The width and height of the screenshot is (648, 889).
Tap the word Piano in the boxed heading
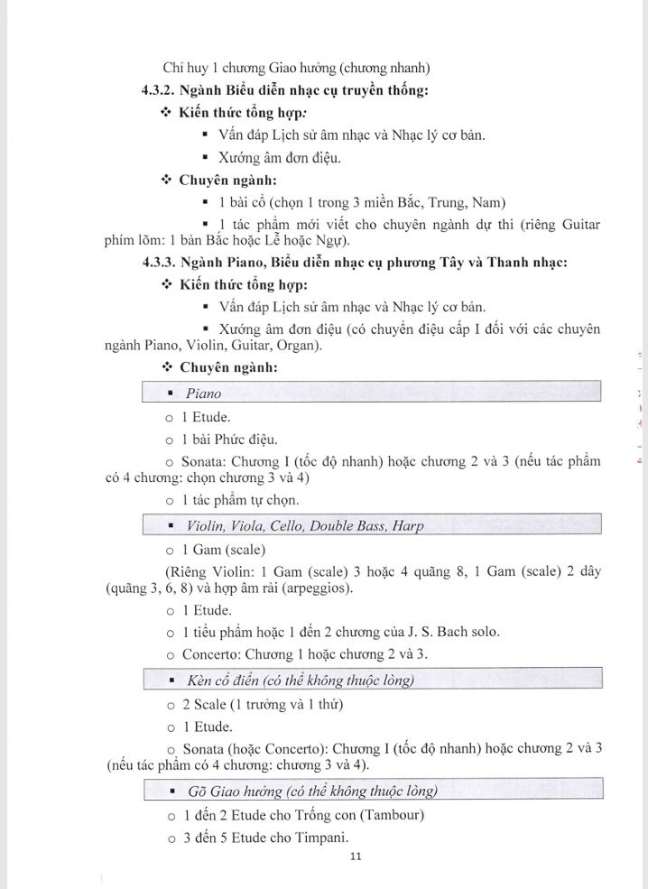pos(203,394)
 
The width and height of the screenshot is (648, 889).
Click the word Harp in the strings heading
pos(406,525)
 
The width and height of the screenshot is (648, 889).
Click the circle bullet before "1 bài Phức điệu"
pos(169,440)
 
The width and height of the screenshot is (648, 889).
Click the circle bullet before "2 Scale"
pos(169,704)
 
